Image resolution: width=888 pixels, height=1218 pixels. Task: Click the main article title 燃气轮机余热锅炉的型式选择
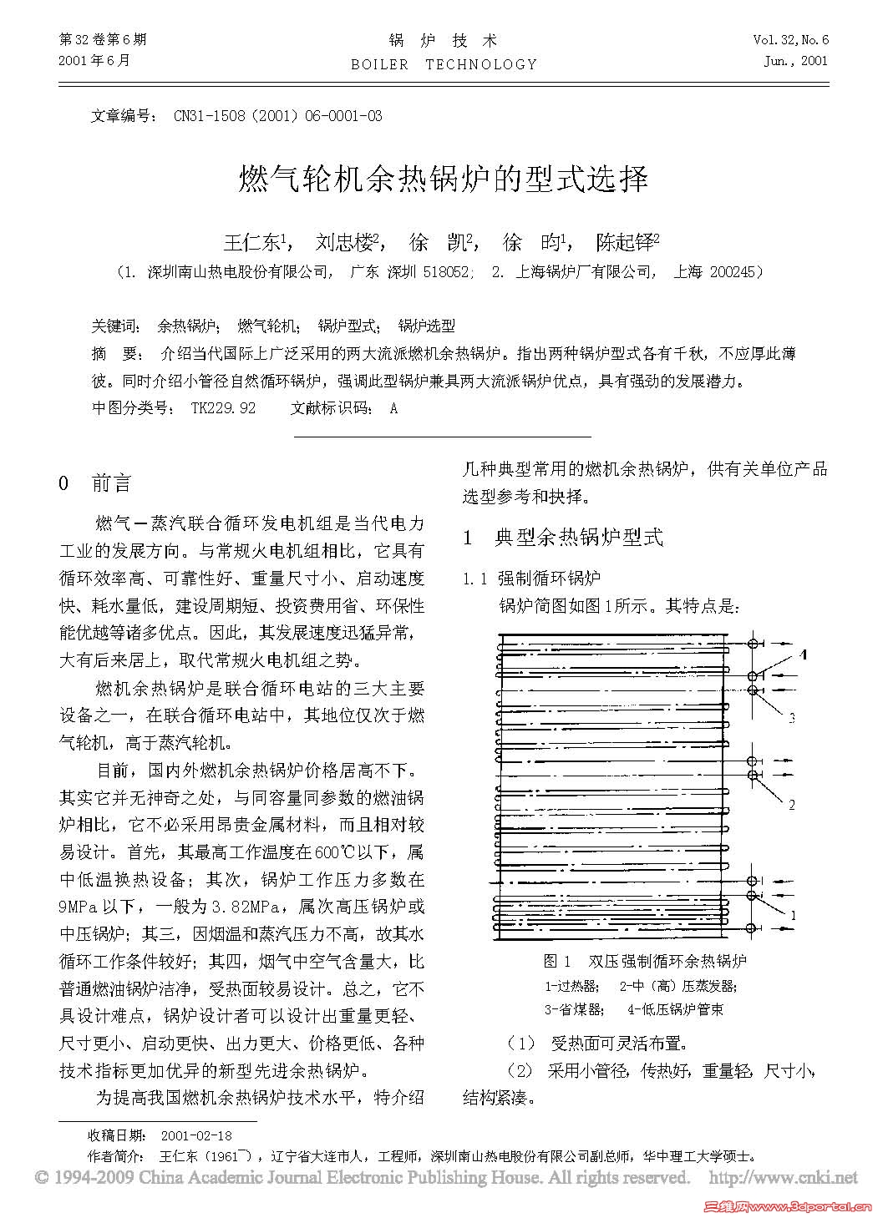444,178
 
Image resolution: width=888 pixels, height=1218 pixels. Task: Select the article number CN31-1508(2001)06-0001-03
277,116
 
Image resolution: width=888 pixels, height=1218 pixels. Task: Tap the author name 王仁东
254,243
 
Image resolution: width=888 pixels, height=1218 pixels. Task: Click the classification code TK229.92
223,408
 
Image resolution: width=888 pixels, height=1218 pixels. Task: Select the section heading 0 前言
95,483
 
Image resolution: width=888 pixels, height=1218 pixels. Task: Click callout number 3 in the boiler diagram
791,717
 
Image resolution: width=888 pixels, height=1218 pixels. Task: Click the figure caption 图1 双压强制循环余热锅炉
644,961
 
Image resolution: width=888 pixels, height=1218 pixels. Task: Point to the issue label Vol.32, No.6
790,40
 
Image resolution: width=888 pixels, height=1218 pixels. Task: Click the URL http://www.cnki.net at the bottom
783,1178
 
